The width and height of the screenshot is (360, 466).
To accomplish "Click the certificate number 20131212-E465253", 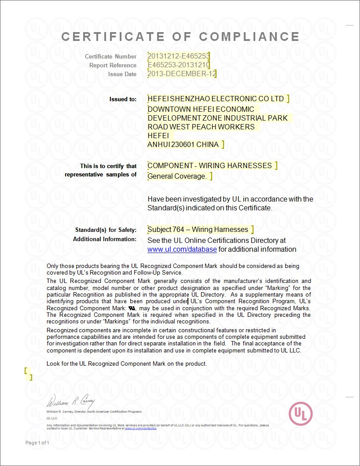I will (x=178, y=56).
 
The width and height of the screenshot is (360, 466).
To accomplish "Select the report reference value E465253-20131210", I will (x=179, y=65).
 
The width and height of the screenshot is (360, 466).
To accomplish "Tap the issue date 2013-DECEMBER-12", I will (x=182, y=74).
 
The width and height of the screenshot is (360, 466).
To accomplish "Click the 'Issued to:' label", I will (x=123, y=99).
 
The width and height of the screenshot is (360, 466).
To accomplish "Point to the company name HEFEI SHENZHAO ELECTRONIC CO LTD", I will (x=216, y=99).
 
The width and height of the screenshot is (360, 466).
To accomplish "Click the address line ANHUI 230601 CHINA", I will (x=183, y=144).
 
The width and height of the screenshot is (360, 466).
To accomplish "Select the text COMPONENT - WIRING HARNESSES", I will (x=209, y=165).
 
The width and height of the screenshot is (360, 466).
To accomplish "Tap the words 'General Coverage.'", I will (x=177, y=176).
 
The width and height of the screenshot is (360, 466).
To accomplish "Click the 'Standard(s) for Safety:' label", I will (x=106, y=230).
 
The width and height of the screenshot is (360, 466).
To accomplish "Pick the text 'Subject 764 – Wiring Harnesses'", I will (x=198, y=230).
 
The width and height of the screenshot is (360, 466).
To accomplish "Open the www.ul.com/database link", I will (x=182, y=250).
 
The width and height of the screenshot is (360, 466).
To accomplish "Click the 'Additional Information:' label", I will (x=105, y=239).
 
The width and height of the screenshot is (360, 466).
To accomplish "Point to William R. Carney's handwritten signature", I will (x=70, y=402).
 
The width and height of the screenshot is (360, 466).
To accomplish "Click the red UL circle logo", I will (x=301, y=414).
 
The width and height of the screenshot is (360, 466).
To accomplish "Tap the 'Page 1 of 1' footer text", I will (x=37, y=443).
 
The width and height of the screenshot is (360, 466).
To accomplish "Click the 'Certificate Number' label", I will (x=110, y=56).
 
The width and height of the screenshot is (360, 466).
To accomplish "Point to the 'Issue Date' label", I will (x=122, y=74).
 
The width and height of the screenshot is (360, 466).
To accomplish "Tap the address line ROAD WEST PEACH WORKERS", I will (x=201, y=127).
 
